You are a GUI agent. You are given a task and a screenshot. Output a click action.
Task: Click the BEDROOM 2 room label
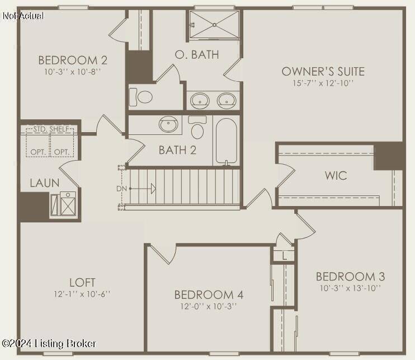tap(73, 60)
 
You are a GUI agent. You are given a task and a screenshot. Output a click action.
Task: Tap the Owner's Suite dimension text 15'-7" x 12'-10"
tap(323, 83)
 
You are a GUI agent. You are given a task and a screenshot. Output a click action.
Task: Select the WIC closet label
tap(336, 175)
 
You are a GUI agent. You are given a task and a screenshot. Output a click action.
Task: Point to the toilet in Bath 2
tap(197, 128)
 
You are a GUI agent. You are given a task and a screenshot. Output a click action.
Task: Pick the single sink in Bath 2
tap(168, 124)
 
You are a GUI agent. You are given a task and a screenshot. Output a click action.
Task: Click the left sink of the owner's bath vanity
tap(200, 101)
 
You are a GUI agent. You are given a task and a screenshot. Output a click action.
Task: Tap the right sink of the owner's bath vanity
tap(227, 101)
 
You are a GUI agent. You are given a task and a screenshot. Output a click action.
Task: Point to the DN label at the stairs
tap(122, 189)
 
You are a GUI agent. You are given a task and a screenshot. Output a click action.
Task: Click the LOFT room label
tap(82, 282)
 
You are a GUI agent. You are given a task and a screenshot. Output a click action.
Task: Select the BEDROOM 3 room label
tap(350, 276)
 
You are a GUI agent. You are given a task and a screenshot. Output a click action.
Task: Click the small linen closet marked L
tap(285, 256)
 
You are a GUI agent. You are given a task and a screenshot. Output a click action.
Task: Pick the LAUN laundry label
tap(45, 183)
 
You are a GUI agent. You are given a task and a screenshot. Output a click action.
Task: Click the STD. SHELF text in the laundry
tap(50, 129)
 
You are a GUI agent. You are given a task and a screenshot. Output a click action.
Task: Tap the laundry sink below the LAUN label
tap(67, 204)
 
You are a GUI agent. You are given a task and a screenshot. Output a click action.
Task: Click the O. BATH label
tap(196, 55)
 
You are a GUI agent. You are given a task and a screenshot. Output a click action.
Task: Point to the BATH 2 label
tap(177, 150)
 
